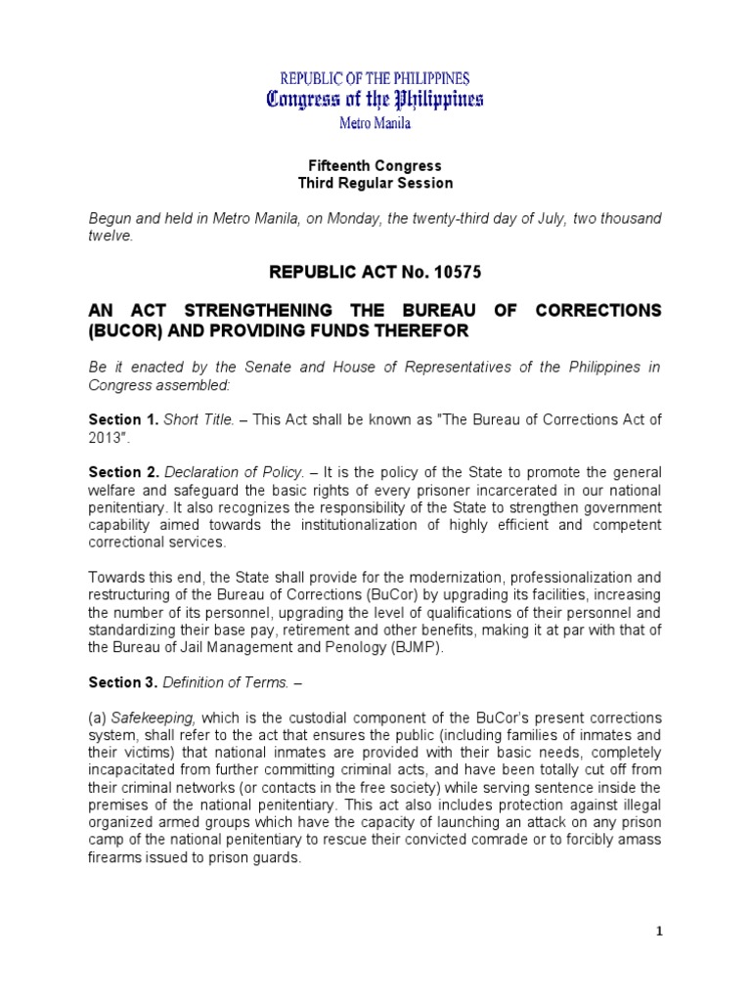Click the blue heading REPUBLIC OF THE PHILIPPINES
coord(375,77)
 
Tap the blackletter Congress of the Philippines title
coord(375,100)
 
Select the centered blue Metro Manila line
coord(375,124)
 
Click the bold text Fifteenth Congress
coord(375,166)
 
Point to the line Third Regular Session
coord(375,183)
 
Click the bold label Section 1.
coord(123,419)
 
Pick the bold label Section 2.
coord(123,472)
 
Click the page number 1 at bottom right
coord(660,932)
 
